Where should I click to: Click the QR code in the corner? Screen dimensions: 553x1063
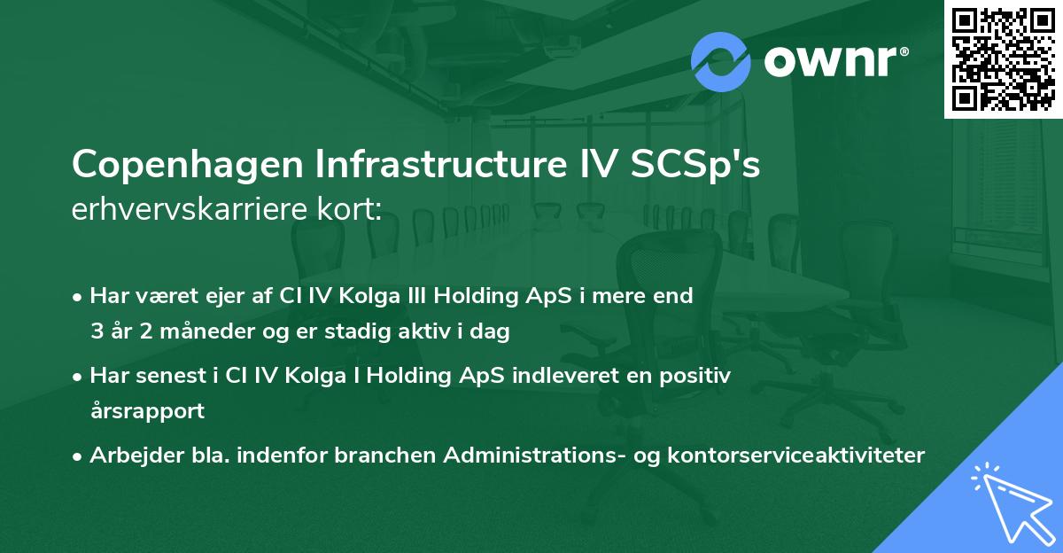click(x=1003, y=58)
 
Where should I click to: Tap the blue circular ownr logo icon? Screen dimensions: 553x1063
click(x=720, y=60)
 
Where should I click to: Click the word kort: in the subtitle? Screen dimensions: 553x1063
click(x=353, y=209)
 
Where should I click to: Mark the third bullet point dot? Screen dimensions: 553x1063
click(x=78, y=456)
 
